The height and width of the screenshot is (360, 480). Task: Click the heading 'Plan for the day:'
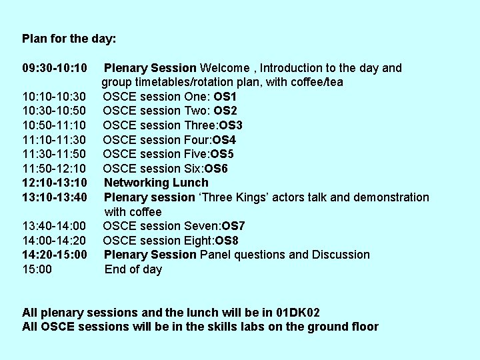pos(69,39)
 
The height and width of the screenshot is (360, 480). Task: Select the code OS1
pos(226,97)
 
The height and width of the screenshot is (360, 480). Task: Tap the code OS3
pos(231,125)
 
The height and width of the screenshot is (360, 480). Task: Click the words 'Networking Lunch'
pos(156,183)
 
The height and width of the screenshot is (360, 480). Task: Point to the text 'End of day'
pos(133,269)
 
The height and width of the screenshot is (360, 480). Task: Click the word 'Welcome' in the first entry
pos(225,68)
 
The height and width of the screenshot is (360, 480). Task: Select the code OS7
pos(234,226)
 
